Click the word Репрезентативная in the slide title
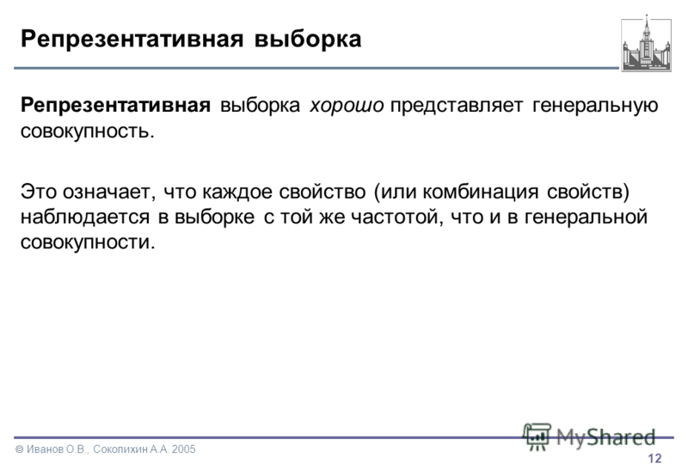coord(132,40)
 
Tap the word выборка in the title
coord(308,39)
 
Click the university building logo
coord(647,44)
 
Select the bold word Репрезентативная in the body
coord(115,106)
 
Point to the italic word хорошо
coord(347,106)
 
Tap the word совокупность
coord(88,131)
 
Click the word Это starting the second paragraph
coord(40,192)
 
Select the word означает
coord(109,192)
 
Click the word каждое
coord(237,192)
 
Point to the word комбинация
coord(481,192)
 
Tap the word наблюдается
coord(85,217)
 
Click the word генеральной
coord(586,217)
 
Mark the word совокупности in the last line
coord(88,242)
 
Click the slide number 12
coord(654,459)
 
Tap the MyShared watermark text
coord(605,437)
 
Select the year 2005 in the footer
coord(184,449)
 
